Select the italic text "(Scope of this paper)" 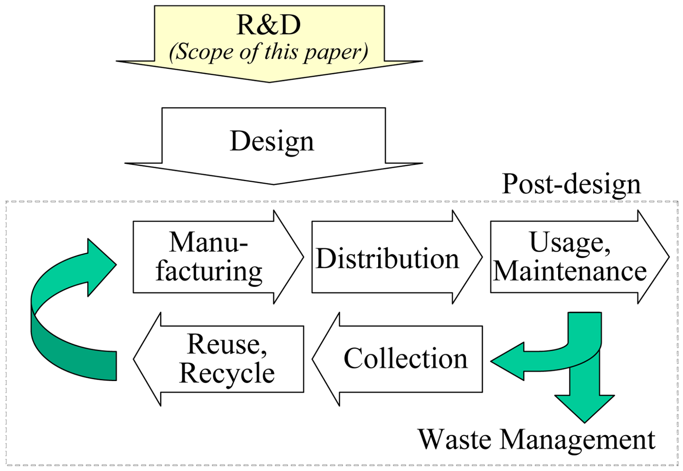coord(268,52)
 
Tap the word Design coord(272,141)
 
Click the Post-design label coord(571,184)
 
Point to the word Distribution coord(387,259)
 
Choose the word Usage coord(569,243)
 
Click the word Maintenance coord(570,271)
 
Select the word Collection coord(405,358)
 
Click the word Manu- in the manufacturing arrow coord(208,243)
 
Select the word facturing coord(209,271)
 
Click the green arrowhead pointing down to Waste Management coord(585,410)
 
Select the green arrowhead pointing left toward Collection coord(506,361)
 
